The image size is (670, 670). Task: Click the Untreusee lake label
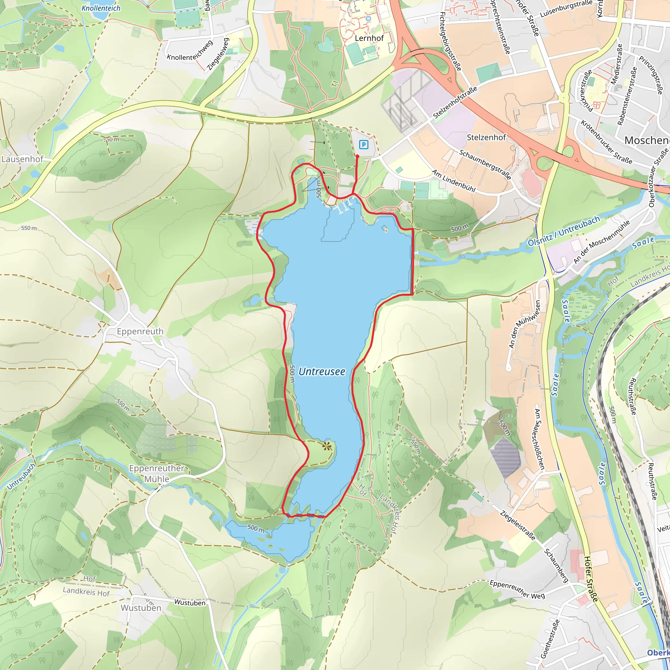tap(322, 371)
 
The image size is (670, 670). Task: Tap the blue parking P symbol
tap(363, 145)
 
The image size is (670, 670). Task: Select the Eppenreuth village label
tap(140, 331)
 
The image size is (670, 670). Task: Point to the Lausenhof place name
tap(23, 159)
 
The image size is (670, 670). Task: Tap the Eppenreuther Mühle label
tap(157, 473)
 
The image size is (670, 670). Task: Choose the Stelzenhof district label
tap(486, 137)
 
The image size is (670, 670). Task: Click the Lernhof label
tap(369, 38)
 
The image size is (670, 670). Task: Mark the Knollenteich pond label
tap(101, 8)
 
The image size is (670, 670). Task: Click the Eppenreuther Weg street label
tap(517, 589)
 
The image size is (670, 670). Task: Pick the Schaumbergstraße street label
tap(485, 164)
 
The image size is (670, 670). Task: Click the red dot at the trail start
tap(358, 156)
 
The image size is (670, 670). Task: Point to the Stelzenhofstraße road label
tap(455, 102)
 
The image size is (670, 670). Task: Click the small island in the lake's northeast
tap(384, 228)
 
